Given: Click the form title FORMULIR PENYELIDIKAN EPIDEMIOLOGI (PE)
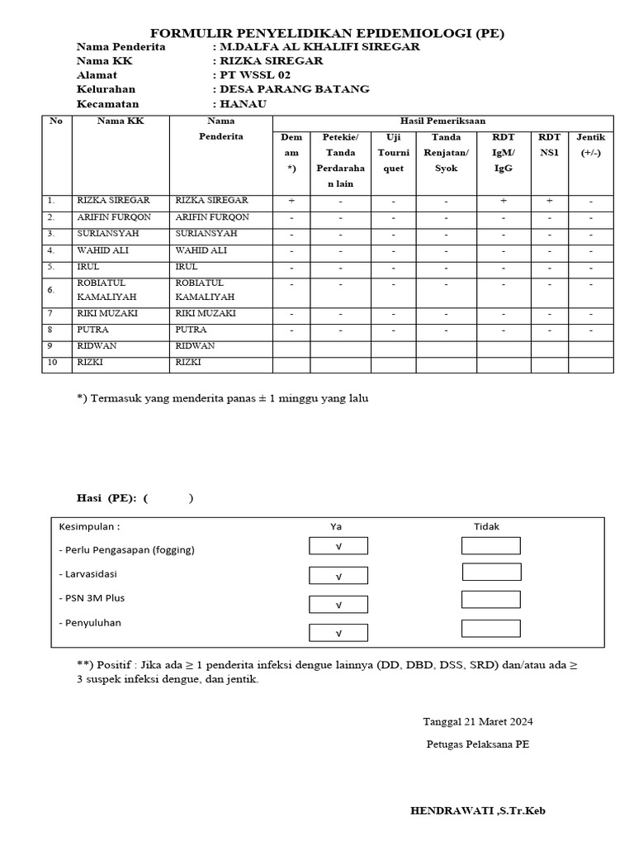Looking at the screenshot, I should (328, 33).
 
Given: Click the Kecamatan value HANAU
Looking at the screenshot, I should (242, 104).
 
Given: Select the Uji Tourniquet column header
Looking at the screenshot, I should (393, 153).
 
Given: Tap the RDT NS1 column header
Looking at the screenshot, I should (549, 145).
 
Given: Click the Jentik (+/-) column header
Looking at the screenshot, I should (590, 145).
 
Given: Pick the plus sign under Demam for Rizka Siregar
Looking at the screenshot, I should (291, 201).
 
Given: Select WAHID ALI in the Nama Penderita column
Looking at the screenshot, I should (201, 250).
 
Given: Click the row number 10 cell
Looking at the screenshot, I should (51, 362).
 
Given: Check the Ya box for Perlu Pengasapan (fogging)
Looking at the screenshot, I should (338, 546).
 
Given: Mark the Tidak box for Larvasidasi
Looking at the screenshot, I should (491, 572).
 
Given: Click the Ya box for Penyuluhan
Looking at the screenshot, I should (338, 633).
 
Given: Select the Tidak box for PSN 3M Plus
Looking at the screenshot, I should (491, 600).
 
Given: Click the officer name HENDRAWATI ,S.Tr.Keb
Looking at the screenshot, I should (478, 811).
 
